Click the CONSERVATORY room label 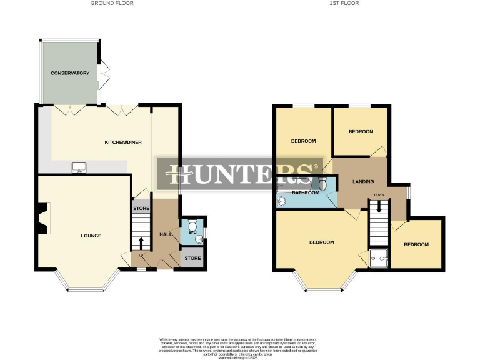pos(70,73)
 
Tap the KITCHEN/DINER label pos(122,142)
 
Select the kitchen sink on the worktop pos(79,167)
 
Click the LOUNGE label pos(91,236)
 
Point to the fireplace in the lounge pos(41,219)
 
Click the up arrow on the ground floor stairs pos(141,242)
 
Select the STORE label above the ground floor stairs pos(141,209)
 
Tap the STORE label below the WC pos(192,258)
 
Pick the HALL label pos(166,234)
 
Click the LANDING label pos(363,182)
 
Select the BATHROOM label pos(306,192)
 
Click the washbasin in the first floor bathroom pos(281,201)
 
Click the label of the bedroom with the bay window pos(321,242)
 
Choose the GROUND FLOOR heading pos(112,3)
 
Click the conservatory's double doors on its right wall pos(104,73)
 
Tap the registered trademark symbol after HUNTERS pos(316,167)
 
